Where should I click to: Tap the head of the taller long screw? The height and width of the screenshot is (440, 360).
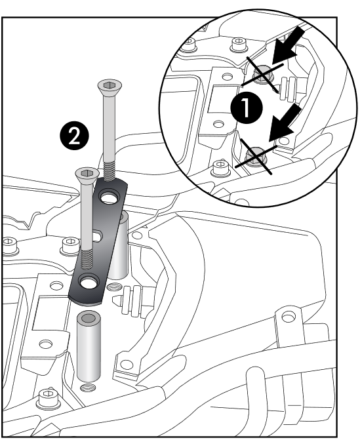(x=109, y=85)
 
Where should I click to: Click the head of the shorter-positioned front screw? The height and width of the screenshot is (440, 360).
(x=85, y=173)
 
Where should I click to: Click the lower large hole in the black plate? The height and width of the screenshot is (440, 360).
(x=87, y=283)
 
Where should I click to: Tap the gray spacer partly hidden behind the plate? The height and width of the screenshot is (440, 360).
(x=120, y=256)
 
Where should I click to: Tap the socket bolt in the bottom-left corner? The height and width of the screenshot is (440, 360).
(x=46, y=397)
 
